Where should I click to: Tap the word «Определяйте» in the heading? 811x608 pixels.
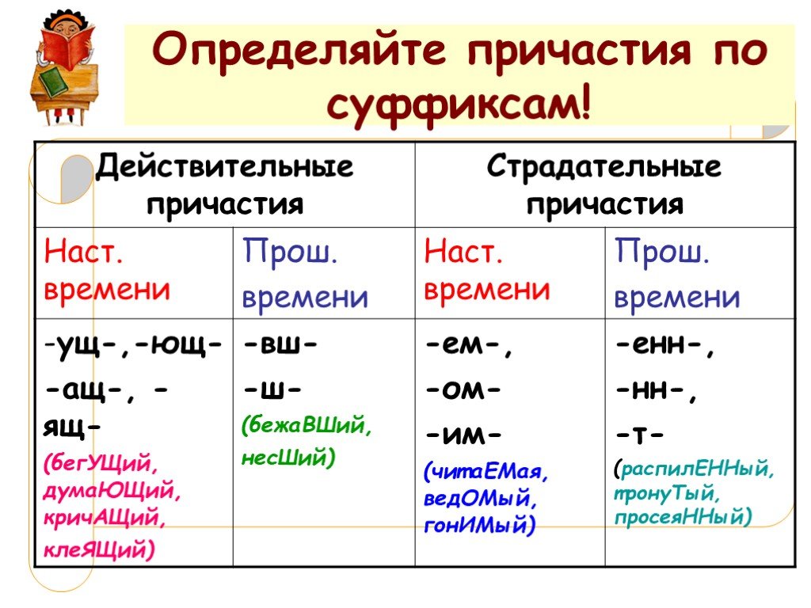[299, 50]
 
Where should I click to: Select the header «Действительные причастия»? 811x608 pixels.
[224, 184]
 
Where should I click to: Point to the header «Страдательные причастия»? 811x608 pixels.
[604, 184]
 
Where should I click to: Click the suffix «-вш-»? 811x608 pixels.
[280, 344]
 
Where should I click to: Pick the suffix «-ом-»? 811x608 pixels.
[463, 389]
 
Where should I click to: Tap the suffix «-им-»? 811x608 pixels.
[463, 435]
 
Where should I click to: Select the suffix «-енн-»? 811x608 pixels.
[665, 345]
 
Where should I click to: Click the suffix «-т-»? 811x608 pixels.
[639, 435]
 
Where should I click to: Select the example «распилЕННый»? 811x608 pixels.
[695, 469]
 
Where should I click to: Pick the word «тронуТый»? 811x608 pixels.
[664, 494]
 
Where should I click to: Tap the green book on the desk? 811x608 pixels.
[54, 82]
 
